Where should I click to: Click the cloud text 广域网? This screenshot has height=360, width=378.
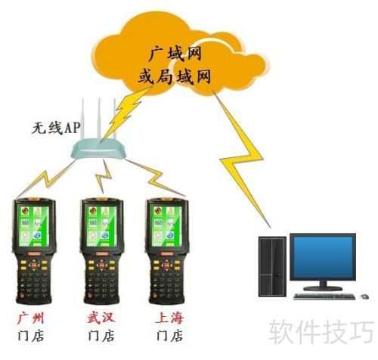175,54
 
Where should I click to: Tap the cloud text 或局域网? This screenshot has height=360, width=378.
175,76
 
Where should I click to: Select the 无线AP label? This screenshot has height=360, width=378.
56,128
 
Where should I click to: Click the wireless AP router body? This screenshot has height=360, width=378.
98,149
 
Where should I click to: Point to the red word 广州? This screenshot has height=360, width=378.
31,318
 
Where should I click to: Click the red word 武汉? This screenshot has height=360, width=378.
101,318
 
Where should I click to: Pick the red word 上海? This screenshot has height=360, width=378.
169,318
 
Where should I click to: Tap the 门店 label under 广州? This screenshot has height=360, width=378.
31,336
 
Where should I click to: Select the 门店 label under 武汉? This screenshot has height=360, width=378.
101,336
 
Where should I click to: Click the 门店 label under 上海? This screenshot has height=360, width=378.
169,336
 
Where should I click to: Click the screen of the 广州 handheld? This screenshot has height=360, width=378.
33,226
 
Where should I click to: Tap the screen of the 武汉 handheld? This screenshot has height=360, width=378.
101,226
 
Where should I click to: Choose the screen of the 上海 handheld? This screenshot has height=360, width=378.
166,226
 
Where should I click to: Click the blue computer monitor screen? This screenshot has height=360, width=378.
324,256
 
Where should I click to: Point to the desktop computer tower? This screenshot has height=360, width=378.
272,266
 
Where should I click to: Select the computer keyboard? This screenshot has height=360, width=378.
324,296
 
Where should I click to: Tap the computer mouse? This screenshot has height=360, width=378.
364,296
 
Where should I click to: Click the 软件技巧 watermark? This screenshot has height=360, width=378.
321,332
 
